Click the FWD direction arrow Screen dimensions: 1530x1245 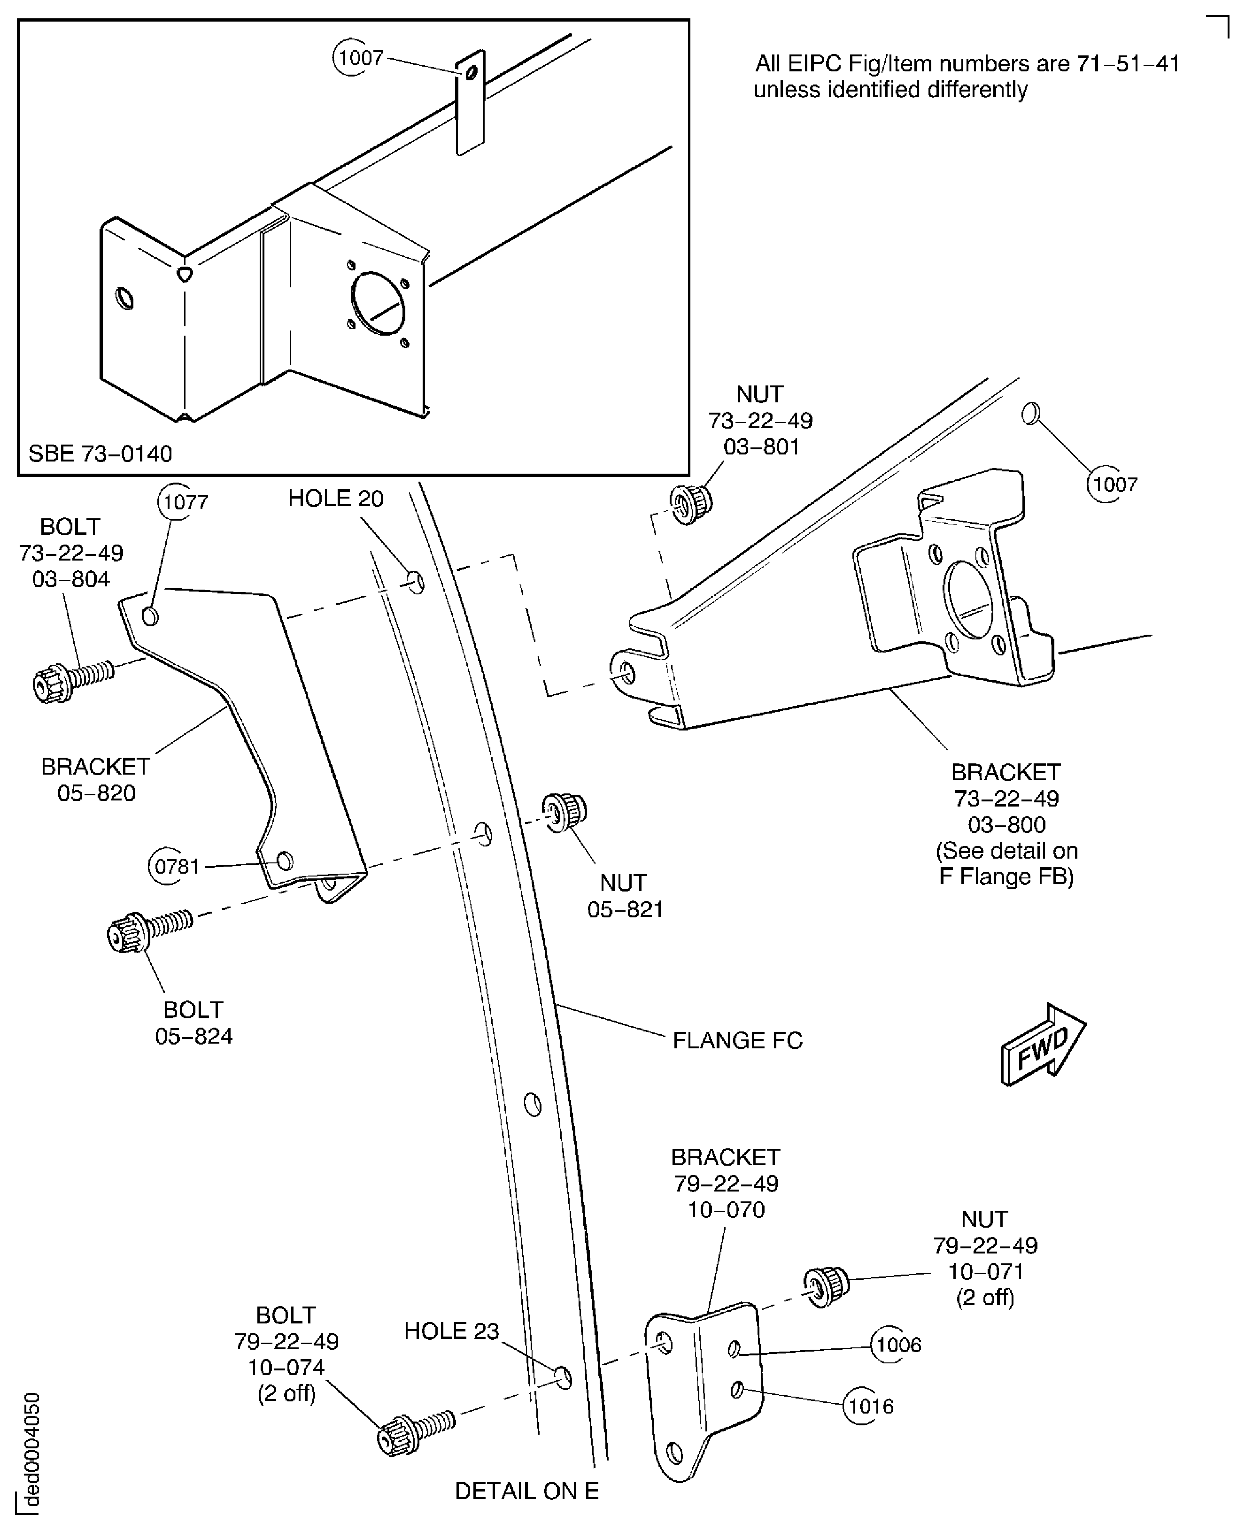pos(1044,1045)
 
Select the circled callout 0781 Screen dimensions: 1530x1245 pos(176,866)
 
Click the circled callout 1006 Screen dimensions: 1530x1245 pos(897,1344)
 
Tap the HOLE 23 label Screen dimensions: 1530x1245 pos(451,1330)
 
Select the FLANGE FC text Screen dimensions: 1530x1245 pos(736,1040)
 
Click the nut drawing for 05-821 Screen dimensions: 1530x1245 pos(565,812)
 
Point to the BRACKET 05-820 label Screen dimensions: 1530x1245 pos(95,779)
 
